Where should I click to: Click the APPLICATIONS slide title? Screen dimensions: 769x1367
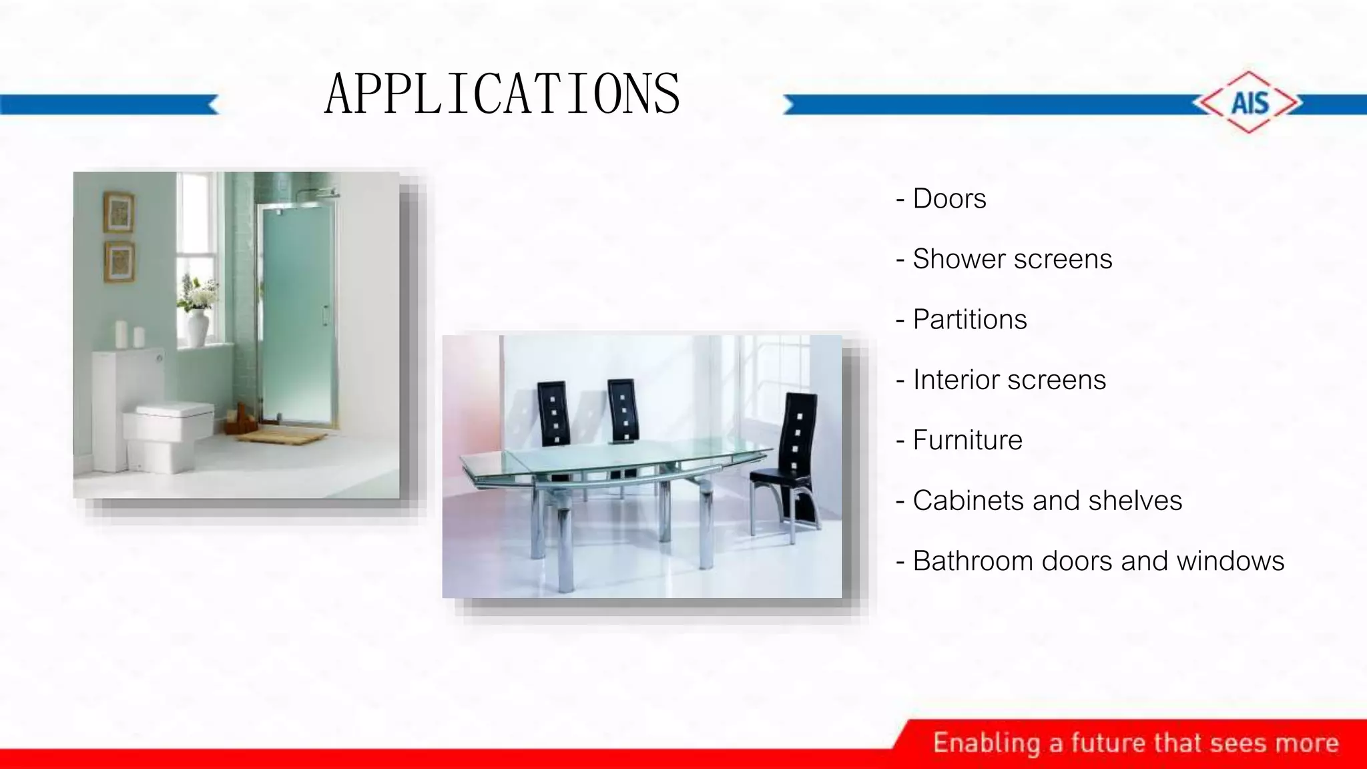(502, 94)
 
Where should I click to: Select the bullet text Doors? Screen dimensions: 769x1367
(948, 199)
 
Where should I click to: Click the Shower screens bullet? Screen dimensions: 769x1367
(1011, 259)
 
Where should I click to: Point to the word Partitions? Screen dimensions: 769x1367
(969, 320)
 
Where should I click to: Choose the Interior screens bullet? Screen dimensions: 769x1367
(1009, 380)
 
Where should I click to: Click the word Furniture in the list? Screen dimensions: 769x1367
(967, 441)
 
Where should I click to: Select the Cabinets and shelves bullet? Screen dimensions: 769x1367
(1047, 501)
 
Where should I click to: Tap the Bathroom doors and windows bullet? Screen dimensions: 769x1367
(1097, 561)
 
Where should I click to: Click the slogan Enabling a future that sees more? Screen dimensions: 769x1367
(1135, 743)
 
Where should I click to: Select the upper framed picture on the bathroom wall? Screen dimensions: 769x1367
(119, 212)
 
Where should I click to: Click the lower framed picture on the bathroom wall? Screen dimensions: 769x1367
(119, 262)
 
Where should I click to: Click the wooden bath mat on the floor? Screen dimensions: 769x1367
(280, 437)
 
